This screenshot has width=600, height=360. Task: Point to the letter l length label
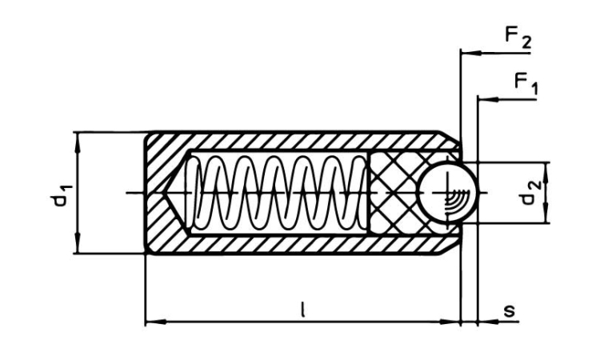[302, 310]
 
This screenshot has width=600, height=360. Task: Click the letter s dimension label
[509, 310]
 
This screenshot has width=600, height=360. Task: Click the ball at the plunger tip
[448, 193]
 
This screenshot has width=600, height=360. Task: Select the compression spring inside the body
[276, 193]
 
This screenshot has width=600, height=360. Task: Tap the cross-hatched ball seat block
[392, 193]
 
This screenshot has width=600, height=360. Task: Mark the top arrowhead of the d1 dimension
[77, 137]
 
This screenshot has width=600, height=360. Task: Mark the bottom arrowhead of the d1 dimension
[77, 249]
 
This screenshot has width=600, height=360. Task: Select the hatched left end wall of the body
[160, 193]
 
